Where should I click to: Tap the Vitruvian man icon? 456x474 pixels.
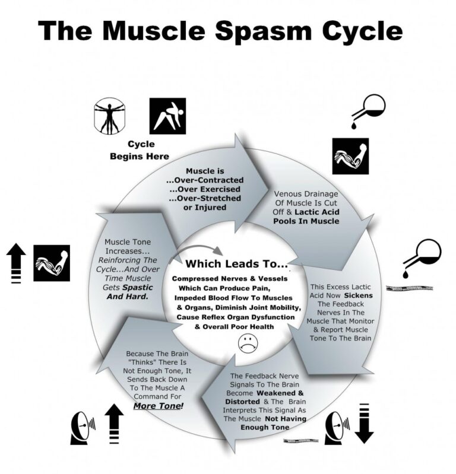110,115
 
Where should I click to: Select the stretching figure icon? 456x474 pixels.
167,115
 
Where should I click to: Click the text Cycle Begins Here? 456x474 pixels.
140,150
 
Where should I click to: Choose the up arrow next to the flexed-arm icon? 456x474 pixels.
17,261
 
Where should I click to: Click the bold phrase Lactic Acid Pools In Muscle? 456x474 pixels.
306,216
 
